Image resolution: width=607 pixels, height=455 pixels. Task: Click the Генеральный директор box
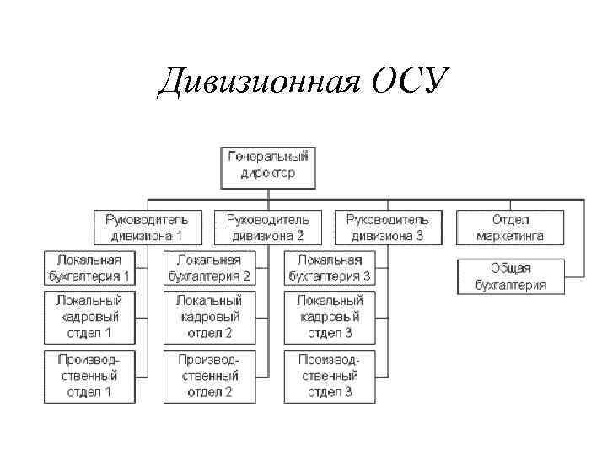click(x=269, y=165)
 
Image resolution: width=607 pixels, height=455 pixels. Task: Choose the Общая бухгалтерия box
click(x=510, y=276)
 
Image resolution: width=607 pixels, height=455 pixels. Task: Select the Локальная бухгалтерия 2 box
click(x=209, y=268)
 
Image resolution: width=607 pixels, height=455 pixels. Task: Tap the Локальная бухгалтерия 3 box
click(x=329, y=268)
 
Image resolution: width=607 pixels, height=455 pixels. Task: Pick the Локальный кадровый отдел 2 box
click(x=209, y=316)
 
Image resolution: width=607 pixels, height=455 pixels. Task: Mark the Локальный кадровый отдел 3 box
click(x=329, y=316)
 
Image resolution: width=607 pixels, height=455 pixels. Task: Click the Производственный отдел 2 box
click(x=209, y=376)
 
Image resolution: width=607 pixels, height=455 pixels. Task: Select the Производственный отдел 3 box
click(x=329, y=376)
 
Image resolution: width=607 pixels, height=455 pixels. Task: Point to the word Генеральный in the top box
click(x=269, y=157)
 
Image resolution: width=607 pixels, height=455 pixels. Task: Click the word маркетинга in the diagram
click(x=510, y=236)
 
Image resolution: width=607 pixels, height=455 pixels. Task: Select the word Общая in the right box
click(x=510, y=269)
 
